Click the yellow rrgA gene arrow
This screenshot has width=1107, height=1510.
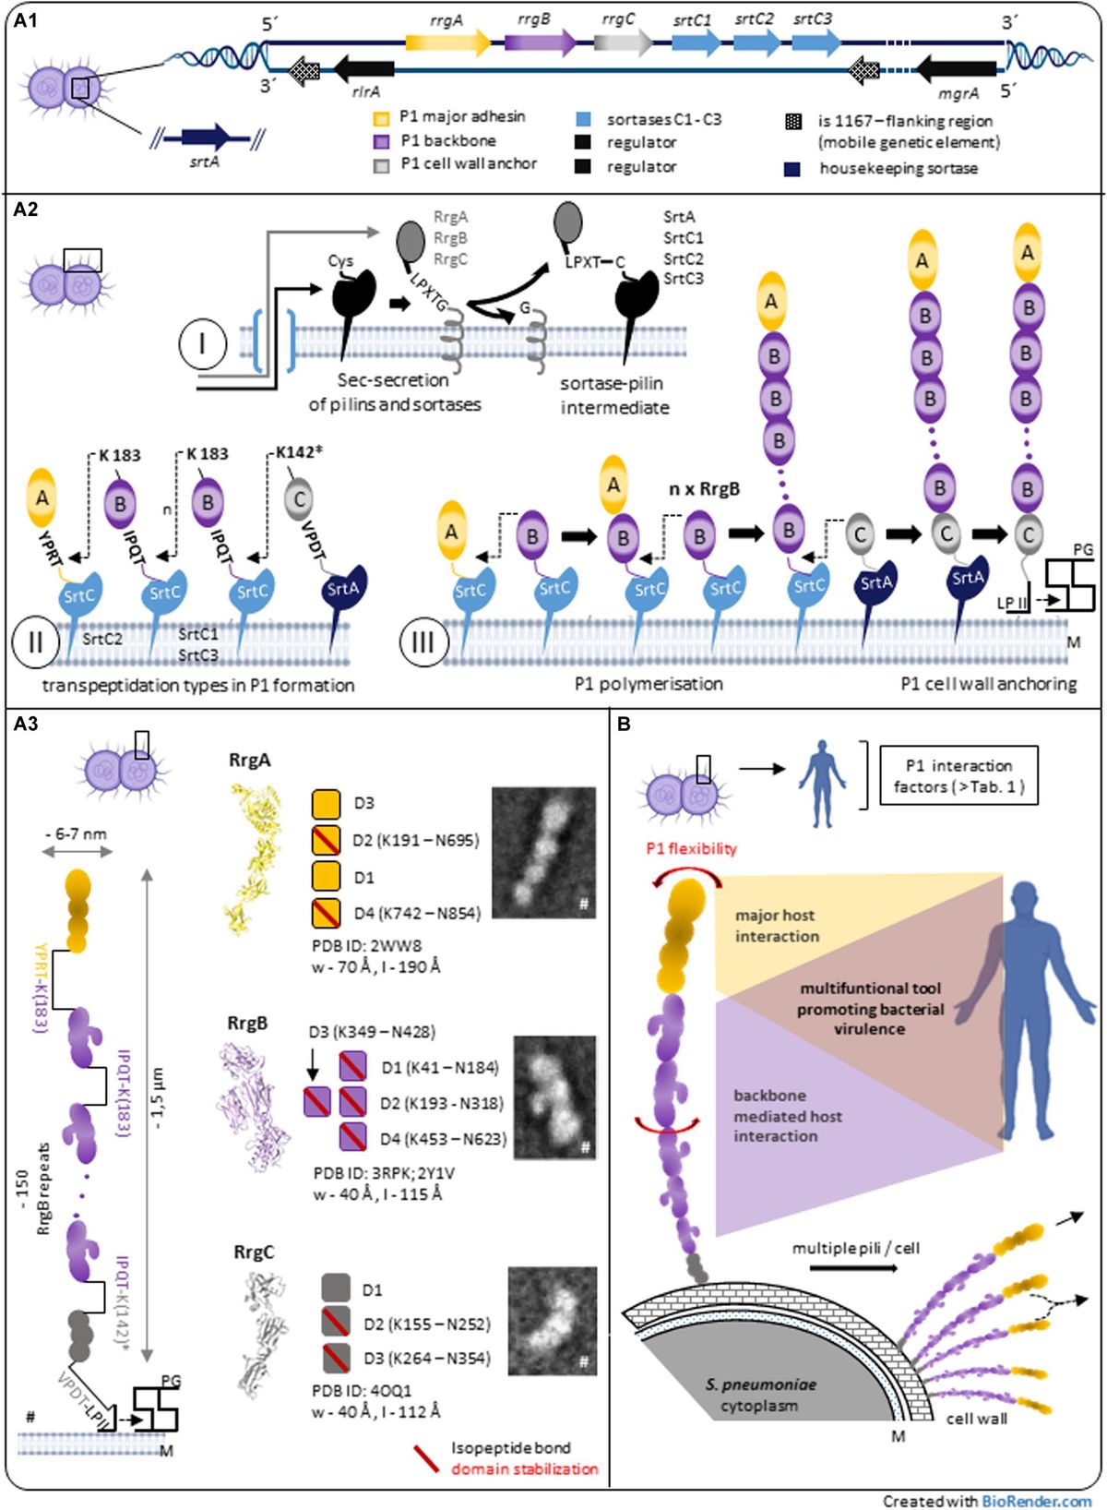[447, 42]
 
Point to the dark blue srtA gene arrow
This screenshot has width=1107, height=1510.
[205, 138]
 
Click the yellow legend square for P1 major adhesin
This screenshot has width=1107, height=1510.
[381, 118]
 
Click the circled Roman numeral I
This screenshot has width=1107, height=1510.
[202, 344]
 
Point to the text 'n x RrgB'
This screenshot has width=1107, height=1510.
[704, 489]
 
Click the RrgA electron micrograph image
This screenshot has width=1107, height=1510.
[543, 852]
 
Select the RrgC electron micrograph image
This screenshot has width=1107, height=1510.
[552, 1320]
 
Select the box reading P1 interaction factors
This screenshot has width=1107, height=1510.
[958, 775]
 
